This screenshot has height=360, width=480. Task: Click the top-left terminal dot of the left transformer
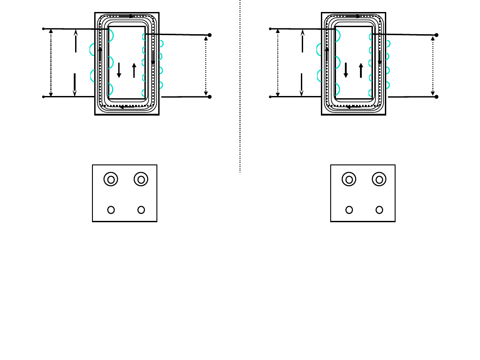[43, 29]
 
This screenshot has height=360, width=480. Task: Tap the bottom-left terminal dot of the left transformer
[43, 96]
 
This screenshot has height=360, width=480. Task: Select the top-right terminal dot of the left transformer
[209, 35]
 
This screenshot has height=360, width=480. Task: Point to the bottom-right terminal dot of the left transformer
[209, 96]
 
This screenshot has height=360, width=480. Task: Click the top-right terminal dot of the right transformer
[436, 35]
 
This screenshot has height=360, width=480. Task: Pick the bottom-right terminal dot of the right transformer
[436, 96]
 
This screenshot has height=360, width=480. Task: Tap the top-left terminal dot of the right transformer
[270, 29]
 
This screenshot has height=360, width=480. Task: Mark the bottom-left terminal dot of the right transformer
[270, 96]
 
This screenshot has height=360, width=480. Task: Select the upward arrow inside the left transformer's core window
[134, 70]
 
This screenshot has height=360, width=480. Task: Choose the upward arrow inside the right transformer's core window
[361, 70]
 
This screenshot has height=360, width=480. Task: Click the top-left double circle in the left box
[111, 180]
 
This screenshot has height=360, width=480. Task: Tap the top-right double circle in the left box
[141, 180]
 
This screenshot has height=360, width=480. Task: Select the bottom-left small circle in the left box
[111, 210]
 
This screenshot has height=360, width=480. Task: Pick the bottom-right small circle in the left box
[141, 210]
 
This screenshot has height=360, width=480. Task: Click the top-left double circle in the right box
[349, 180]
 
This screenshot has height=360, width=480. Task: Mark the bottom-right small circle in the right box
[379, 210]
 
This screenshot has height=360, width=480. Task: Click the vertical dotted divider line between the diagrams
[240, 89]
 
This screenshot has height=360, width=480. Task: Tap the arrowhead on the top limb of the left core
[132, 16]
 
